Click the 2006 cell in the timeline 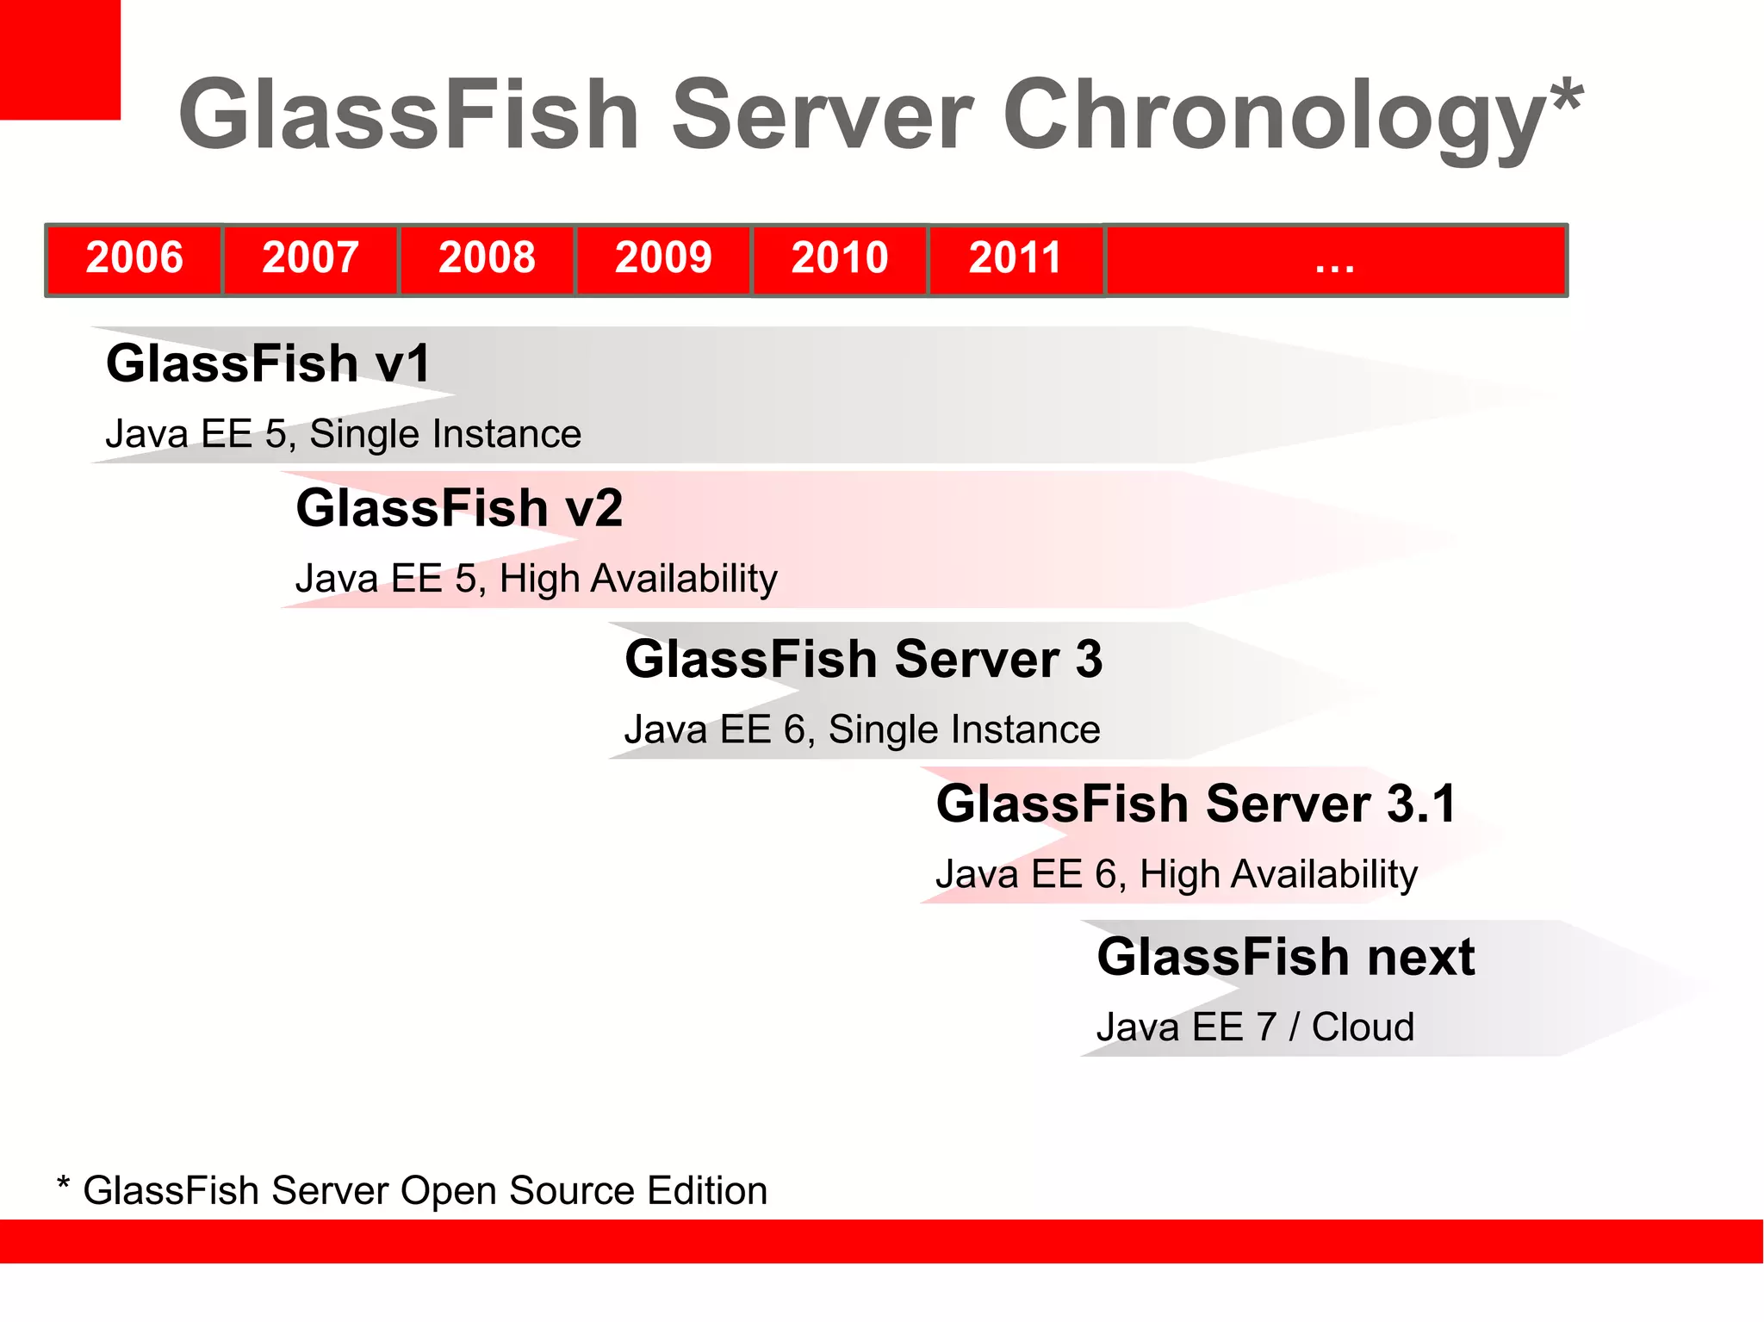point(134,258)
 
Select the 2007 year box point(310,258)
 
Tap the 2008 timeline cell point(487,258)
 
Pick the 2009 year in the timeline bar point(663,258)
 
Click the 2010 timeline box point(840,258)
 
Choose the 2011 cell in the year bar point(1016,258)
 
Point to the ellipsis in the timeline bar point(1334,262)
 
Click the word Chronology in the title point(1275,116)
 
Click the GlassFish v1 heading point(268,363)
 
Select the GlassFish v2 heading point(459,507)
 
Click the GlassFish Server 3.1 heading point(1196,804)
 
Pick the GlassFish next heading point(1286,957)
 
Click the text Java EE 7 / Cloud point(1255,1027)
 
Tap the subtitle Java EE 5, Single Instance point(343,433)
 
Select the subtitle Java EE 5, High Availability point(536,578)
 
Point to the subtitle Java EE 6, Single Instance point(862,729)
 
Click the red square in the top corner point(59,59)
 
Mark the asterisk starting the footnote point(63,1182)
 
